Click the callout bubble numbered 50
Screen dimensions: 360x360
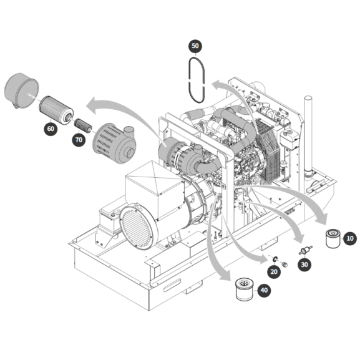pyautogui.click(x=195, y=46)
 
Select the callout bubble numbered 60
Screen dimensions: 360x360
pyautogui.click(x=49, y=129)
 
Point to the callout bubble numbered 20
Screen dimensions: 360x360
pyautogui.click(x=273, y=271)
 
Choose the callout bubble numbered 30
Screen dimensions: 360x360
pyautogui.click(x=304, y=265)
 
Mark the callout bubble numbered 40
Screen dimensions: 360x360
pyautogui.click(x=265, y=290)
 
